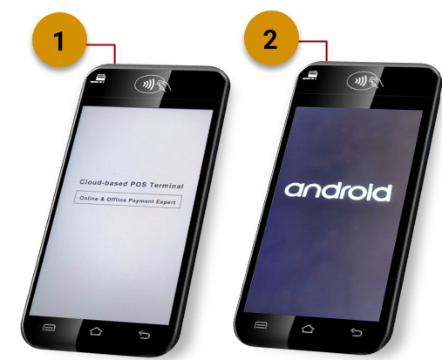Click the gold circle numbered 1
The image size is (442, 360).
pyautogui.click(x=59, y=40)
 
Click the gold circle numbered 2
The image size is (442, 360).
pyautogui.click(x=271, y=37)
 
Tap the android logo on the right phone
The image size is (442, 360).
pyautogui.click(x=337, y=192)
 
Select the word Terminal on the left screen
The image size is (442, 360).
pyautogui.click(x=167, y=186)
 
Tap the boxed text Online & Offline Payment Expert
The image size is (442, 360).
pyautogui.click(x=127, y=200)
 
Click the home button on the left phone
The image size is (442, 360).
pyautogui.click(x=96, y=331)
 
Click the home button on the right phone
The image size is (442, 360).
pyautogui.click(x=308, y=329)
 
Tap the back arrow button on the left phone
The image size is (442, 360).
pyautogui.click(x=144, y=335)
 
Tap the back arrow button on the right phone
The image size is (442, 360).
pyautogui.click(x=357, y=332)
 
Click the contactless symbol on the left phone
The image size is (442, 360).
pyautogui.click(x=153, y=85)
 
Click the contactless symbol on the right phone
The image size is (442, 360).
pyautogui.click(x=365, y=81)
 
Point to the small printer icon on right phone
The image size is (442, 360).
pyautogui.click(x=310, y=75)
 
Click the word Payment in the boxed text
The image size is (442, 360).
pyautogui.click(x=139, y=200)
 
